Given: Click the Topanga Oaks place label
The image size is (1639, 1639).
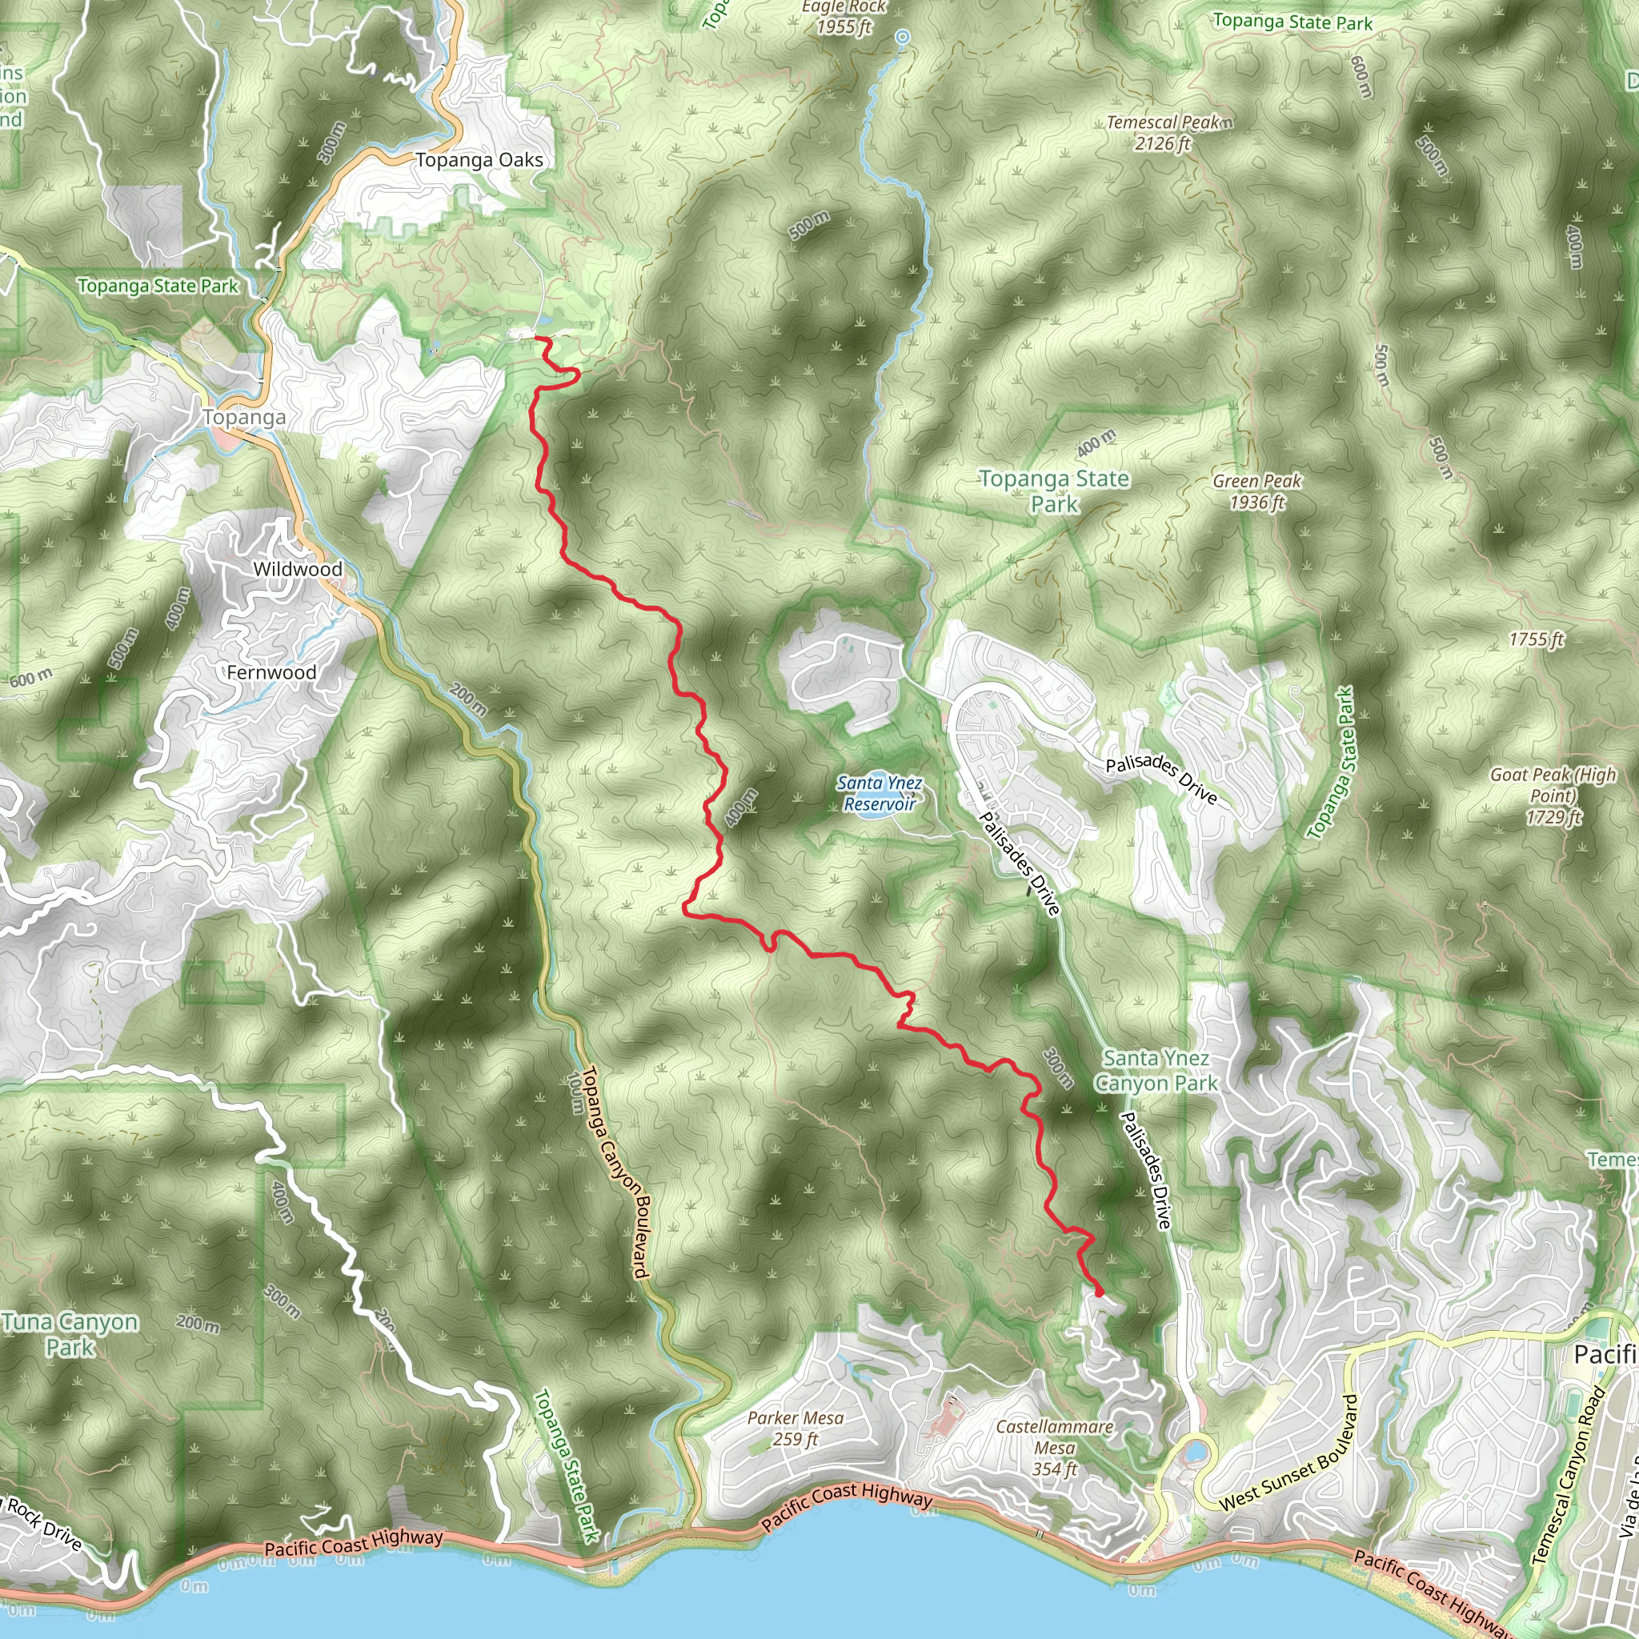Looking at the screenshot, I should (x=479, y=159).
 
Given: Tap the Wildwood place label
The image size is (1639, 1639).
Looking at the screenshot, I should (x=298, y=568).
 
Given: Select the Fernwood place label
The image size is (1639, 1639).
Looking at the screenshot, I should (x=271, y=672).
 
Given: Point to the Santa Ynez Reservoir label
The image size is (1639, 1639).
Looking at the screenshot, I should (x=880, y=792).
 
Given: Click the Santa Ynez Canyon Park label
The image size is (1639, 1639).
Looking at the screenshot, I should (x=1156, y=1070).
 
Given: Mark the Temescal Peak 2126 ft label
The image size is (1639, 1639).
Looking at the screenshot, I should (x=1168, y=132).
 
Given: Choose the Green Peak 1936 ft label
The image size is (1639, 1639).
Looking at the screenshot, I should (x=1256, y=491).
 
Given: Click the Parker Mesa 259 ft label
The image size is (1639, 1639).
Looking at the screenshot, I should (x=795, y=1428).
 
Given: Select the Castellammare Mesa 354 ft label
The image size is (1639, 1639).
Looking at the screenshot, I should (x=1055, y=1447).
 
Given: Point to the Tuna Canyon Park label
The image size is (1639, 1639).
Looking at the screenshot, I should (x=70, y=1333).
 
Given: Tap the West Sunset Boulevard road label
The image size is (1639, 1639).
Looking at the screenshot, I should (x=1285, y=1452).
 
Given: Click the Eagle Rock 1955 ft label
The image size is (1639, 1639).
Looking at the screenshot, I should (x=844, y=17).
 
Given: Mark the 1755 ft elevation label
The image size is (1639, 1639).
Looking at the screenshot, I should (x=1536, y=639).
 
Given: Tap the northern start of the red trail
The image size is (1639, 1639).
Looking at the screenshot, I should (x=536, y=339).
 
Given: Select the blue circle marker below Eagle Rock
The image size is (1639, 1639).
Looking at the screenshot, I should (x=903, y=37).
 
